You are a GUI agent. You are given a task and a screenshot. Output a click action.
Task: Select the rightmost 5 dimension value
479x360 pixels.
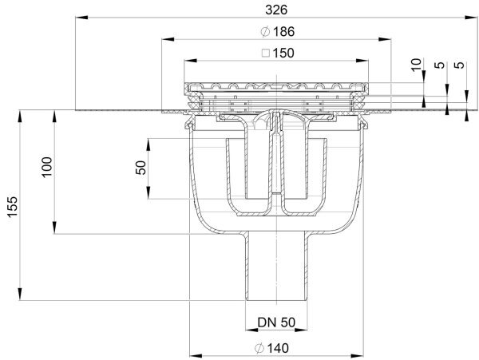click(457, 67)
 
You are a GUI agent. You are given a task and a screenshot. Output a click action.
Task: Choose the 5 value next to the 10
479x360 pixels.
click(438, 67)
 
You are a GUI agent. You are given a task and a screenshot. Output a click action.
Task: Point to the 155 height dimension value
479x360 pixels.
click(10, 204)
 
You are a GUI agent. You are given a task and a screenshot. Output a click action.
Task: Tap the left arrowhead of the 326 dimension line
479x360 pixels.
click(79, 16)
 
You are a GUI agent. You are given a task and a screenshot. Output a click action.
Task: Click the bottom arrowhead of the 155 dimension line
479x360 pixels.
click(18, 297)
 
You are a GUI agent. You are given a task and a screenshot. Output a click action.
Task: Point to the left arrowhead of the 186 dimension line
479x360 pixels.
click(163, 38)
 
